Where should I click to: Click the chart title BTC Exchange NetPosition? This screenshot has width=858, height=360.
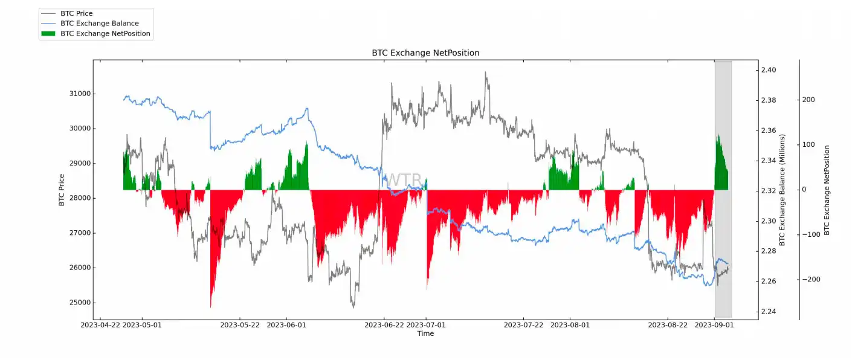(425, 53)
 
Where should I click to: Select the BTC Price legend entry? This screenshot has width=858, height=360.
(77, 13)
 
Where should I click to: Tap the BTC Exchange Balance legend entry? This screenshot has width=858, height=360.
(100, 24)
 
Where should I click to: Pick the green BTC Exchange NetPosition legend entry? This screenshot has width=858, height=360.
(105, 34)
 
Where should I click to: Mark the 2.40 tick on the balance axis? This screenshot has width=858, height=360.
(769, 70)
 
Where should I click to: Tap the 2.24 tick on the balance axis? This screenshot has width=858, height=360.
(769, 312)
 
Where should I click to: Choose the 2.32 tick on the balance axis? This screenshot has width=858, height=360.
(769, 191)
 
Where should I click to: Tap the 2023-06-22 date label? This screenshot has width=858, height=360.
(384, 325)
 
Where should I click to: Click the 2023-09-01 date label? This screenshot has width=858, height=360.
(715, 325)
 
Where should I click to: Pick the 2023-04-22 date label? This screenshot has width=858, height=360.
(100, 325)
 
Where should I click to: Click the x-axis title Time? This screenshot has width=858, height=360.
(425, 333)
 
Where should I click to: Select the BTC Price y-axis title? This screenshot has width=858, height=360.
(62, 190)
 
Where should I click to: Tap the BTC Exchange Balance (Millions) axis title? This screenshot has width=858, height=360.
(782, 190)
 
